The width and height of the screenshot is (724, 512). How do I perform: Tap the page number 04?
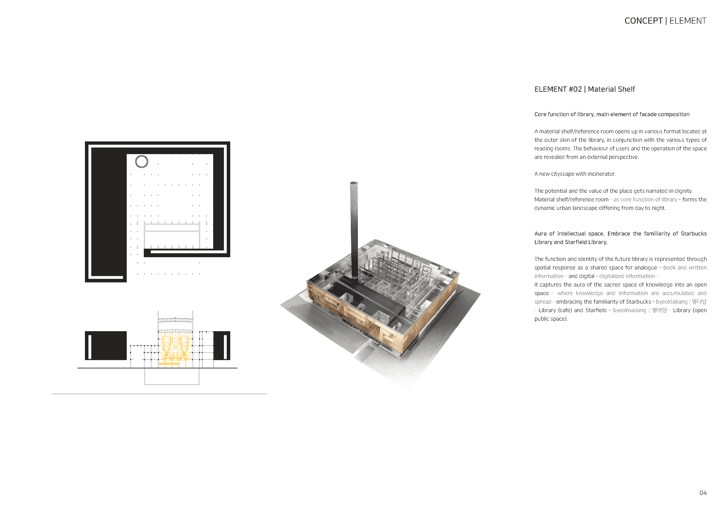[703, 493]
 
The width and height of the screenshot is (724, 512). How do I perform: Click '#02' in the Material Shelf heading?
[575, 89]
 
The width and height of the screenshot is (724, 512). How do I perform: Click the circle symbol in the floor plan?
[142, 162]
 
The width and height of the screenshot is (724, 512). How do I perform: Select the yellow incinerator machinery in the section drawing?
[175, 347]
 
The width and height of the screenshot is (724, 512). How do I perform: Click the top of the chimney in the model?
[354, 183]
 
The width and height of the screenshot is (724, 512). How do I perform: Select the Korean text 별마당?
[659, 310]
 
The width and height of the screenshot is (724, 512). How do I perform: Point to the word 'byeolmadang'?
[629, 310]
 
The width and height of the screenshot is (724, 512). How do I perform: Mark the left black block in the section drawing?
[106, 345]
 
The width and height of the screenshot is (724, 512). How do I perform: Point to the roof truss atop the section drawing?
[175, 320]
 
